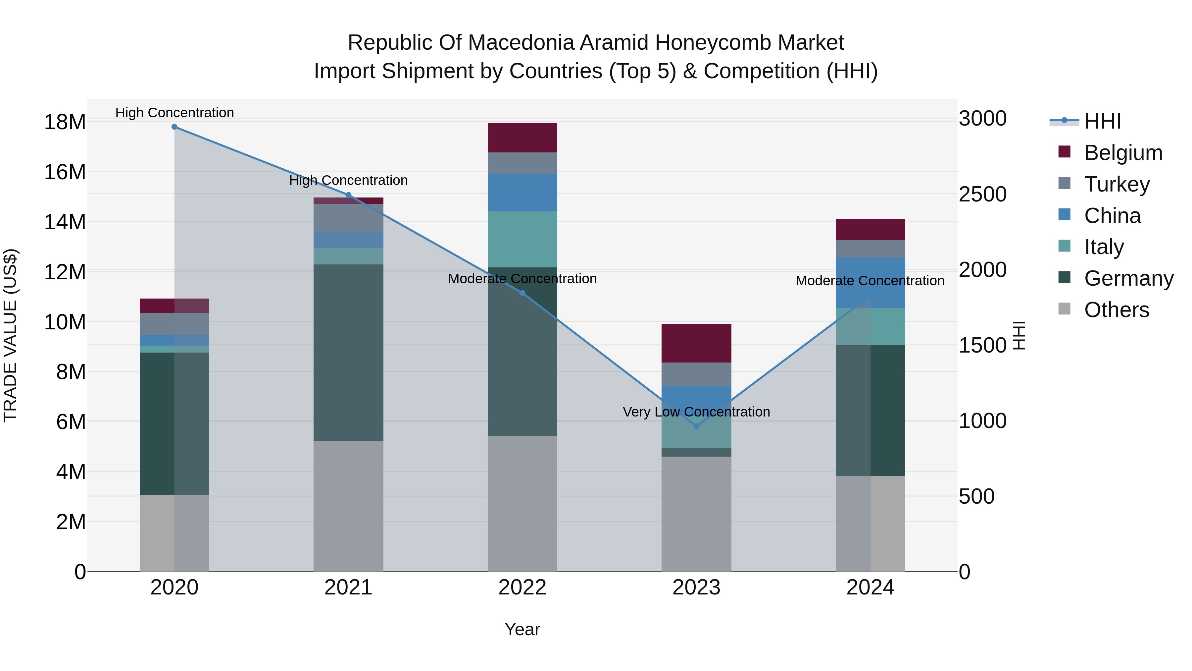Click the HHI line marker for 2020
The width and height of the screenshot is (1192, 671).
(174, 127)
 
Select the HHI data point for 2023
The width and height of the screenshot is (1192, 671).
(696, 426)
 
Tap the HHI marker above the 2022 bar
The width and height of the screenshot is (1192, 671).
(522, 293)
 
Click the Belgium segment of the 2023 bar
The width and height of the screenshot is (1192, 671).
(696, 343)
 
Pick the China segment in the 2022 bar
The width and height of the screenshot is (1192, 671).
(522, 193)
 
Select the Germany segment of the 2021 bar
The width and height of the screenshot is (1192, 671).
(348, 353)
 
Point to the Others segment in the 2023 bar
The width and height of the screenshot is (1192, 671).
(696, 514)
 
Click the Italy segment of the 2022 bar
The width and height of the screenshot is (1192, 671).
(522, 240)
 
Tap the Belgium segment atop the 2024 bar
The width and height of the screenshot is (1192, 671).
(870, 229)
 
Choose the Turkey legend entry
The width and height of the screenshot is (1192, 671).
(1117, 184)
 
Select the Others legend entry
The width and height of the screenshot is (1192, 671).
(1116, 310)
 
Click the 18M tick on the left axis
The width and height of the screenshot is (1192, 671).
(65, 122)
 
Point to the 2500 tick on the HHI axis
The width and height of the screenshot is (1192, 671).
(982, 195)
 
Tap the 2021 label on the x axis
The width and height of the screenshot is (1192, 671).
(348, 587)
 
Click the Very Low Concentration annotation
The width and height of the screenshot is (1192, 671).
(696, 412)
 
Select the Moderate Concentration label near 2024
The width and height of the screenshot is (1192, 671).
(870, 281)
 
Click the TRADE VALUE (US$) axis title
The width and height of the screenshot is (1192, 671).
(10, 335)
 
